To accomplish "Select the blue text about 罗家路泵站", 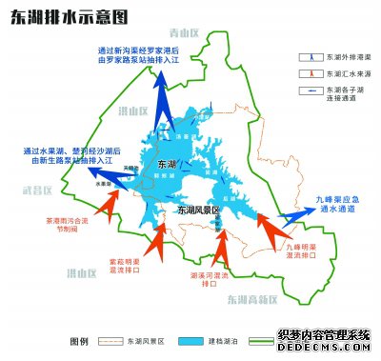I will (139, 55).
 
